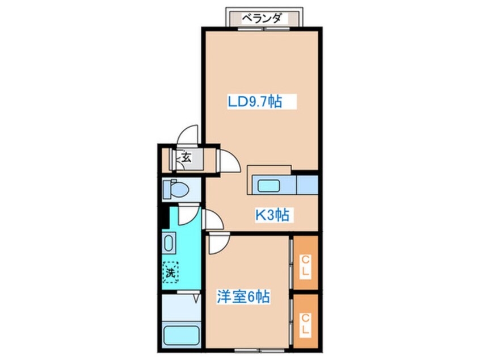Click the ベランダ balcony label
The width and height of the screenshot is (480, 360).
tap(262, 17)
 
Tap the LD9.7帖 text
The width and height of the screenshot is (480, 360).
tap(255, 102)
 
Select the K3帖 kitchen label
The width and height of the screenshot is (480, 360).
tap(272, 215)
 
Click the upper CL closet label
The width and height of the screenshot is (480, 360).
tap(305, 265)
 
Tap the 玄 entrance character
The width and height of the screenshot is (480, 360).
tap(185, 157)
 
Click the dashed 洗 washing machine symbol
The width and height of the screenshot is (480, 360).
tap(170, 271)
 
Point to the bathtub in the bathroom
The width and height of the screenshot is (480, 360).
tap(179, 335)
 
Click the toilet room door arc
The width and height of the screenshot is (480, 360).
tap(187, 214)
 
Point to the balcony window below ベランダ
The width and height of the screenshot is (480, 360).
tap(263, 28)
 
